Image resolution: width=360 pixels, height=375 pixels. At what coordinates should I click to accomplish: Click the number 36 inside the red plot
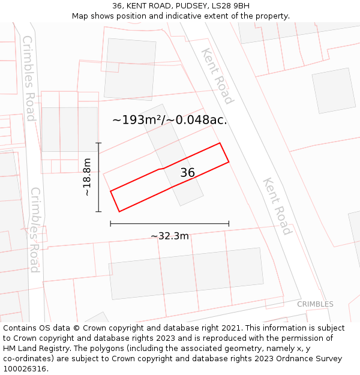tap(187, 173)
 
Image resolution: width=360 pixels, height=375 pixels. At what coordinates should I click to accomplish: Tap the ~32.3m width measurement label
tap(169, 236)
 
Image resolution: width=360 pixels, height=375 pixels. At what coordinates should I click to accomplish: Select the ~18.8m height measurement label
tap(87, 177)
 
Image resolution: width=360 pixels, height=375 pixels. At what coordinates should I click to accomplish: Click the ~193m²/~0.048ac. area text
tap(170, 120)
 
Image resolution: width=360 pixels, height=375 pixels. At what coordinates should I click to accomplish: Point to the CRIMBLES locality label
tap(315, 304)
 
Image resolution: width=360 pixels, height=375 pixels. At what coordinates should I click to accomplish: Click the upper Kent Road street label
tap(217, 76)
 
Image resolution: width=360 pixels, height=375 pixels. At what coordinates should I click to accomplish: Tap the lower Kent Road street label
tap(277, 206)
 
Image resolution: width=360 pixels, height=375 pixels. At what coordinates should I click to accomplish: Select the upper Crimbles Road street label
tap(29, 78)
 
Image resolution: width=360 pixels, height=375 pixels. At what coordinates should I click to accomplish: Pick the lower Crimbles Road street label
tap(35, 230)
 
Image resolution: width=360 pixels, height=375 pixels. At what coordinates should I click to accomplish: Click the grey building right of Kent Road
tap(334, 91)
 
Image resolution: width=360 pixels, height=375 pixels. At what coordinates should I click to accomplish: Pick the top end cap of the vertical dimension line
tap(98, 143)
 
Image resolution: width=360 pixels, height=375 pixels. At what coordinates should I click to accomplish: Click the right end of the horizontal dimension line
tap(229, 224)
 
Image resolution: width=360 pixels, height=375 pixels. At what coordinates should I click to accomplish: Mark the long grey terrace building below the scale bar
tap(186, 273)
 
